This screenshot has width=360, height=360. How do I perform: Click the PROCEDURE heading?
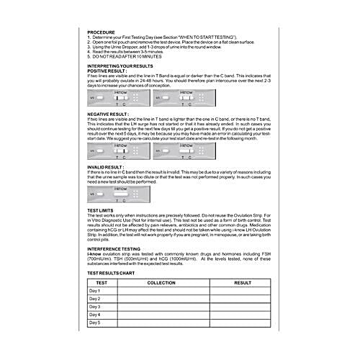[x=101, y=33]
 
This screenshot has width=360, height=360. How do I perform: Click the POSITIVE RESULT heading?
[x=107, y=71]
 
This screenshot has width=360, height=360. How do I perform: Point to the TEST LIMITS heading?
[x=102, y=210]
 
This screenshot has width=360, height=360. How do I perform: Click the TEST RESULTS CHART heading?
[x=116, y=274]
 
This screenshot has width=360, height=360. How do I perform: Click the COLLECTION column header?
[x=161, y=282]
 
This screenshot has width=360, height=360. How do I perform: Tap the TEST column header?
[x=101, y=282]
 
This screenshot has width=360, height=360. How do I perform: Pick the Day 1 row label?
[x=94, y=290]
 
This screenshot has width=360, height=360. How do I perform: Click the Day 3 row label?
[x=94, y=307]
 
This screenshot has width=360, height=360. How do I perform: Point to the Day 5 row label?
[x=94, y=323]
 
